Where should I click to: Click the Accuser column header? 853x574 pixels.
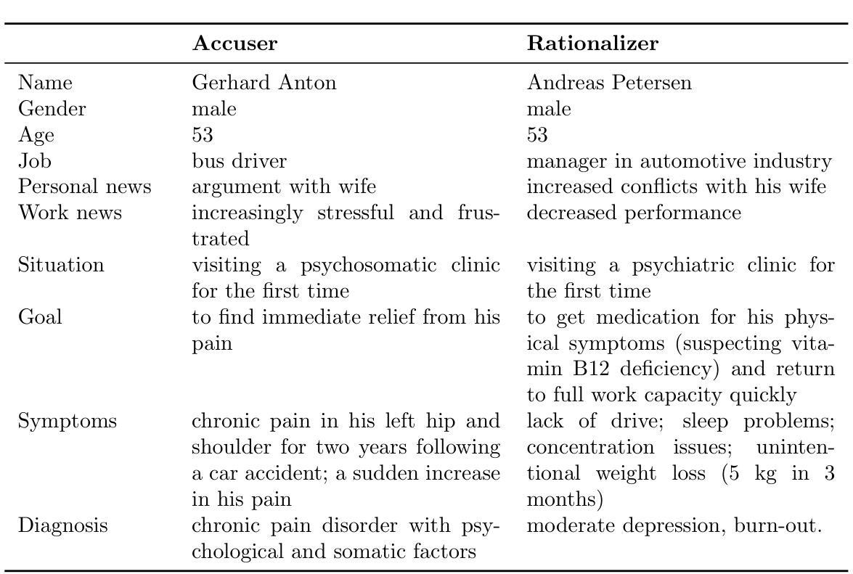pyautogui.click(x=234, y=44)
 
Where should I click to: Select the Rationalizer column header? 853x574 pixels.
pyautogui.click(x=592, y=44)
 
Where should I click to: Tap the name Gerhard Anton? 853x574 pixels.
pyautogui.click(x=264, y=83)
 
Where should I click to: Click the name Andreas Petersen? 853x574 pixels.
pyautogui.click(x=609, y=83)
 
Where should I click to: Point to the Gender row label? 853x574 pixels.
pyautogui.click(x=52, y=109)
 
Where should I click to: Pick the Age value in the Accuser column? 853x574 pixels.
pyautogui.click(x=203, y=135)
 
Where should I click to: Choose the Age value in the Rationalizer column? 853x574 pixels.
pyautogui.click(x=538, y=135)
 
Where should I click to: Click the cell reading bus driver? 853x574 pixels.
pyautogui.click(x=236, y=161)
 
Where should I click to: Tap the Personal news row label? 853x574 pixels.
pyautogui.click(x=85, y=187)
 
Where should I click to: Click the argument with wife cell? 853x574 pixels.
pyautogui.click(x=284, y=187)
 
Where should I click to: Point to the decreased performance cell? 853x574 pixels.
pyautogui.click(x=634, y=213)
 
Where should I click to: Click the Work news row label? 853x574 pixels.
pyautogui.click(x=70, y=213)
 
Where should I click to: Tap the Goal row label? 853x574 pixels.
pyautogui.click(x=40, y=318)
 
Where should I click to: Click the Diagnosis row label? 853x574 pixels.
pyautogui.click(x=63, y=526)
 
